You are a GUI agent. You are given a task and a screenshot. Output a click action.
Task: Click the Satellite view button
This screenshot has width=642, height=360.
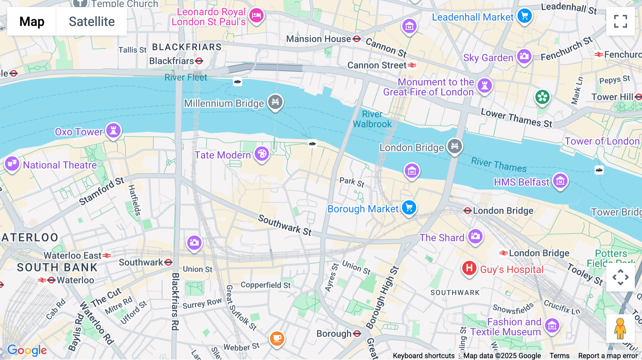point(92,22)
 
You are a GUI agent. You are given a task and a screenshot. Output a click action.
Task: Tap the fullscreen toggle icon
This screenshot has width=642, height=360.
point(620,21)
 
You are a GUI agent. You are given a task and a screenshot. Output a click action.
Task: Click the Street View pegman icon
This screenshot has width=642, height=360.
point(620,328)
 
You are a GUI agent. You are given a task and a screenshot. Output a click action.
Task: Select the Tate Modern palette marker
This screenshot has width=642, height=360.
point(262,154)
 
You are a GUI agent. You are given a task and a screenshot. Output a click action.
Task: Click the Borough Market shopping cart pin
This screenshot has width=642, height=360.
point(409,207)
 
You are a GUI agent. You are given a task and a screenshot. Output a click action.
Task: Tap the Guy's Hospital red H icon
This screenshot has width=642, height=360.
point(469,268)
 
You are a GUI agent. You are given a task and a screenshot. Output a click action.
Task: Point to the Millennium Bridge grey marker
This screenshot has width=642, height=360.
point(275,102)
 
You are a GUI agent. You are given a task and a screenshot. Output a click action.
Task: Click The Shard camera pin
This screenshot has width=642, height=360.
point(475,236)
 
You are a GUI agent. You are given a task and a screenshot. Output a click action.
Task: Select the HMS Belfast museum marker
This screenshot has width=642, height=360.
point(560,181)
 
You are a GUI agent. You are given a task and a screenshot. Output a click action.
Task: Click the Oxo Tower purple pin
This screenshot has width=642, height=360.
point(113,130)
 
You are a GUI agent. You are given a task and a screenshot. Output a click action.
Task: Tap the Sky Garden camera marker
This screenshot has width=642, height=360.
point(524,56)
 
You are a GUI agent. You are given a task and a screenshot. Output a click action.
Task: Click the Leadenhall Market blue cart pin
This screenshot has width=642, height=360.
point(524,16)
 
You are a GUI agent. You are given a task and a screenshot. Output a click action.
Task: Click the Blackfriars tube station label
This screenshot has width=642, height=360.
point(172,61)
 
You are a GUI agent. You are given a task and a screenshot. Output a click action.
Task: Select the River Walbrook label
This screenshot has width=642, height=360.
point(372,119)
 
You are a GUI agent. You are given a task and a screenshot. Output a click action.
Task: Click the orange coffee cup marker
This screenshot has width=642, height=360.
point(277,337)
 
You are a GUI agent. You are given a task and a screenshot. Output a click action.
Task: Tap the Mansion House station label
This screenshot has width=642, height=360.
point(319,39)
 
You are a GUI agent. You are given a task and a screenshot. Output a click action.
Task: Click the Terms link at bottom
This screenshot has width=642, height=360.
point(559,355)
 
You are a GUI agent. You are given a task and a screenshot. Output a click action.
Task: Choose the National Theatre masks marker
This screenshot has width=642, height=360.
point(12,164)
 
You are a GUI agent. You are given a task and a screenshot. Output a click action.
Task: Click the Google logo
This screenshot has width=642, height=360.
point(27,350)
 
